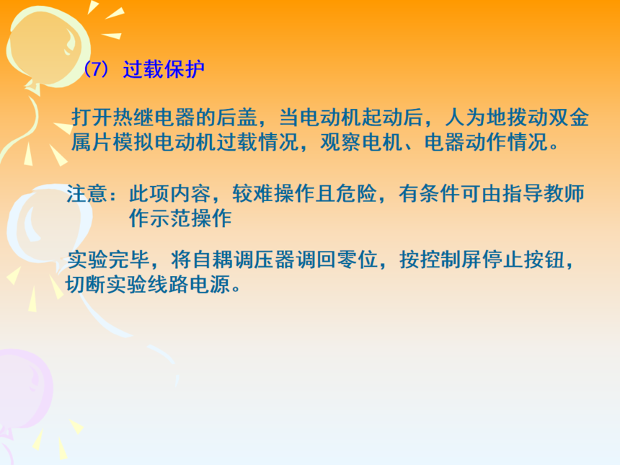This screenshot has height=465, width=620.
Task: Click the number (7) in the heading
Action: (96, 70)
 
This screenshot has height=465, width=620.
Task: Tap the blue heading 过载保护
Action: (164, 70)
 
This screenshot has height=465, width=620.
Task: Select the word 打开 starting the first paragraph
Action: (92, 117)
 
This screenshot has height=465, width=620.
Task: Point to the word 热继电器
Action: (154, 117)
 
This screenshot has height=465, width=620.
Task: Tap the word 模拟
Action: (133, 142)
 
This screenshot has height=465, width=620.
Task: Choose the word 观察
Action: (341, 142)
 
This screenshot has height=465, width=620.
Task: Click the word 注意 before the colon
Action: (87, 194)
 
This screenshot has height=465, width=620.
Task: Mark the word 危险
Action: (356, 194)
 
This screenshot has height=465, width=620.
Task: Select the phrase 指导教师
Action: (544, 194)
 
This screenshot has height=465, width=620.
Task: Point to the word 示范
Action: (170, 218)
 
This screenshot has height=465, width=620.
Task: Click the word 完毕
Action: (128, 260)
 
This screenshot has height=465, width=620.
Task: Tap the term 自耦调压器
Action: (243, 260)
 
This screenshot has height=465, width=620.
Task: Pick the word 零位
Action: (357, 260)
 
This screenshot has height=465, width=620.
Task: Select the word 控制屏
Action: (450, 260)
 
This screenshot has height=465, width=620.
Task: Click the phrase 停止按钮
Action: (523, 260)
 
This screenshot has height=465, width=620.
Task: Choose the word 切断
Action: (87, 284)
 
